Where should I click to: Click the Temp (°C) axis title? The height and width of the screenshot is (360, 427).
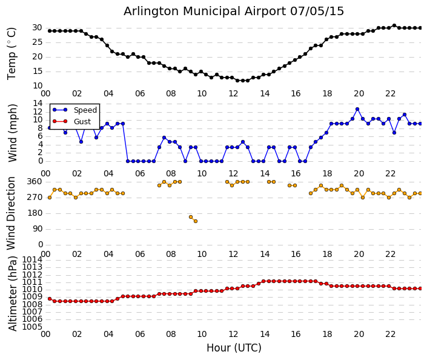(12, 53)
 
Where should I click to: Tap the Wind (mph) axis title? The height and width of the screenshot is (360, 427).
(12, 132)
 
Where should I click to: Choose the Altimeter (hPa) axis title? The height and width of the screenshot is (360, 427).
(12, 293)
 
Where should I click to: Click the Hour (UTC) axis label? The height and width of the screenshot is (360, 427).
(234, 348)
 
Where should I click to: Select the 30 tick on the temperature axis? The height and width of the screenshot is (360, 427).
(37, 28)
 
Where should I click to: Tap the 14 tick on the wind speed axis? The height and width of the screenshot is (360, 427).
(37, 103)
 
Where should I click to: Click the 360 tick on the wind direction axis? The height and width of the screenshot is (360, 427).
(35, 181)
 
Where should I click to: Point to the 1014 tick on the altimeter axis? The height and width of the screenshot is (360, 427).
(33, 259)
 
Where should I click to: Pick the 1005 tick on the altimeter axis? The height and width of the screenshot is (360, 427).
(33, 327)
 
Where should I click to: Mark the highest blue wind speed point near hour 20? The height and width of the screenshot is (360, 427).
(357, 109)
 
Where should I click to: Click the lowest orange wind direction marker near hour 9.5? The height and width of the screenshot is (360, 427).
(195, 221)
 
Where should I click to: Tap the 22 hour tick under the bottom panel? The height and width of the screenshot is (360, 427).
(391, 334)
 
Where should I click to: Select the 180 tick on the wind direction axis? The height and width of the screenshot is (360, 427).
(35, 213)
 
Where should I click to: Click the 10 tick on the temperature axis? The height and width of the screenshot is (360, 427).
(37, 85)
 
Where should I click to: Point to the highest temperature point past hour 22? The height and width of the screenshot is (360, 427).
(394, 25)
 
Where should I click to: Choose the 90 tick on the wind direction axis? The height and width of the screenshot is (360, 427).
(37, 228)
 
